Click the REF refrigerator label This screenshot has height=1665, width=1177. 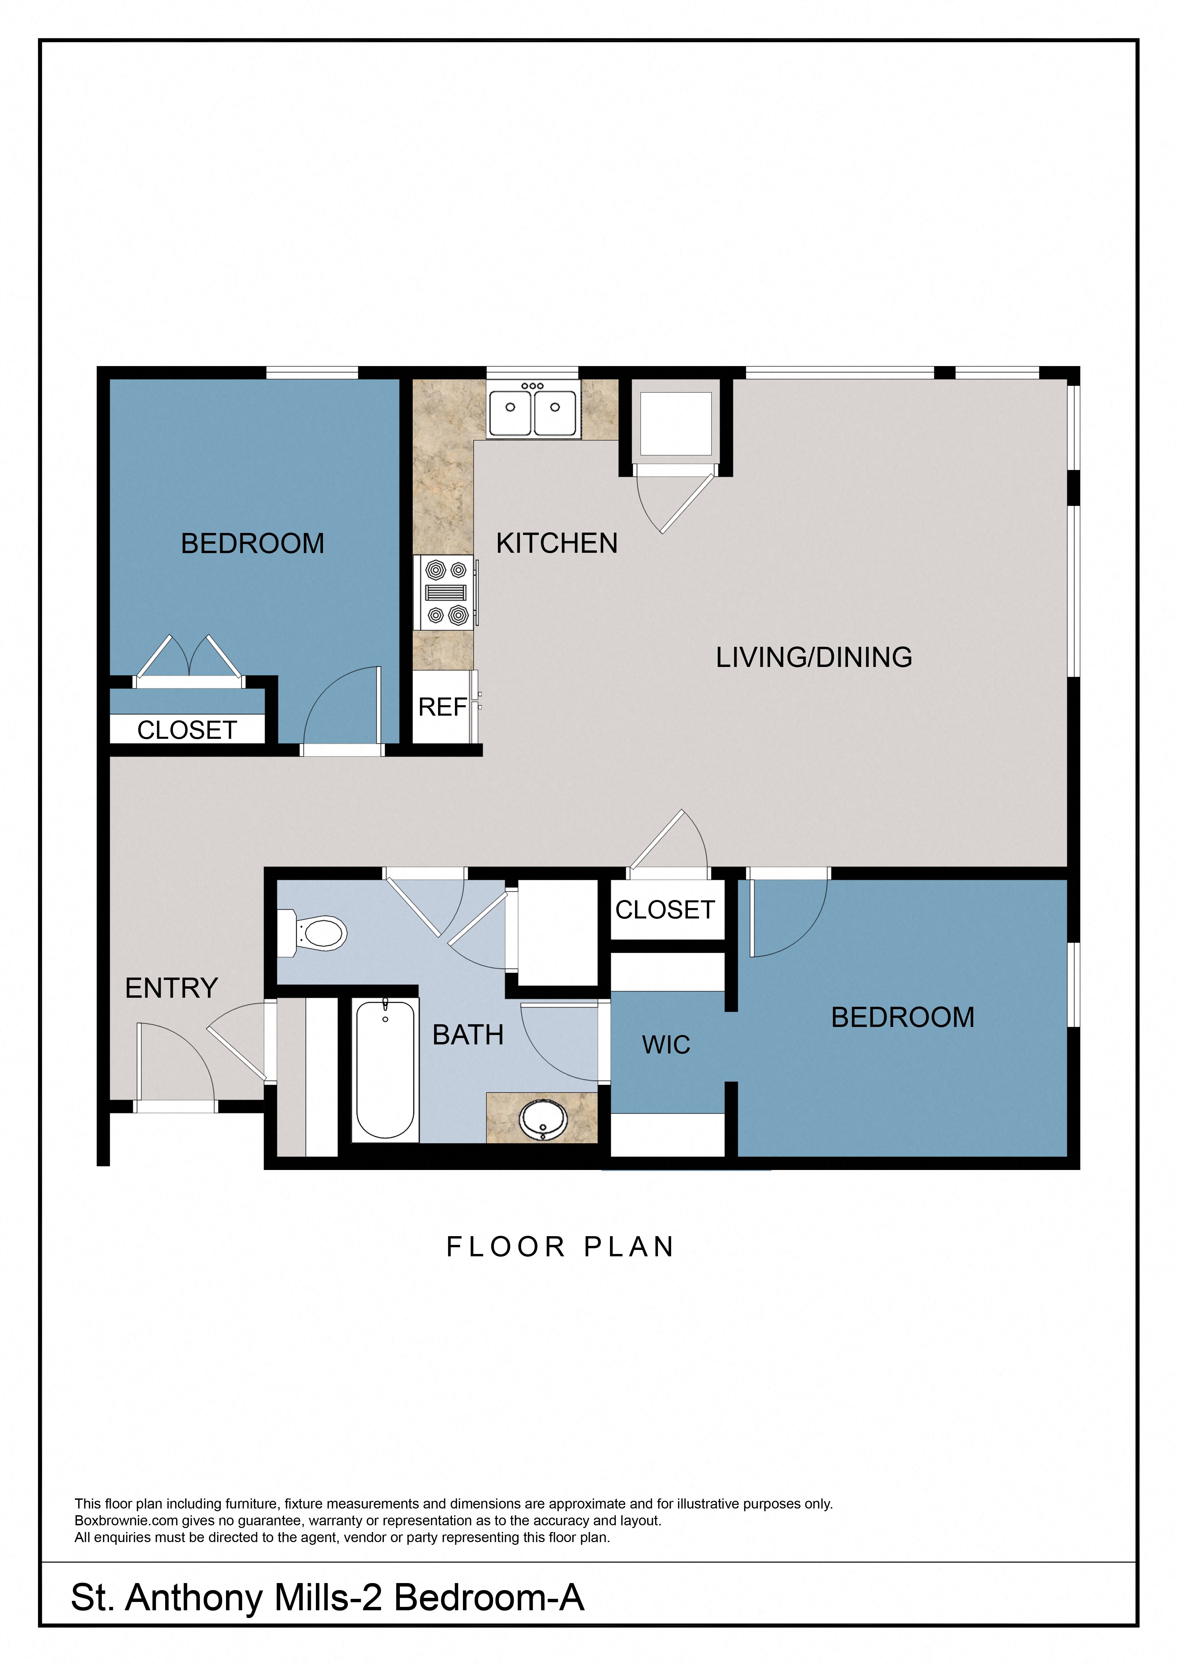442,707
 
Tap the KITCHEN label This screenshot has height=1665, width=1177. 557,543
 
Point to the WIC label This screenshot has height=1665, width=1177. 665,1045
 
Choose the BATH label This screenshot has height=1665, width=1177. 467,1035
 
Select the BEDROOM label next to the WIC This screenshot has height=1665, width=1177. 902,1018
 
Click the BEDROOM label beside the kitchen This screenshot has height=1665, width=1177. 252,543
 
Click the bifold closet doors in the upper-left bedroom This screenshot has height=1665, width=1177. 189,660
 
